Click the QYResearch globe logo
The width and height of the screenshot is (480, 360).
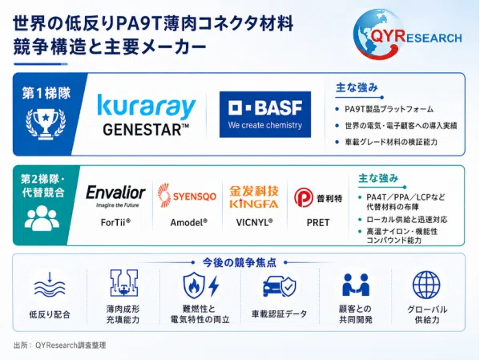coord(407,34)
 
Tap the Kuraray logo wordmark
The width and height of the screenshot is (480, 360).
coord(147,107)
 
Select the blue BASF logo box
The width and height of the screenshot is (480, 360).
coord(265,115)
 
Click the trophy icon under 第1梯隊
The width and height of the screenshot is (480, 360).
coord(46,123)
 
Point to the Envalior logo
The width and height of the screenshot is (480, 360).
coord(115,196)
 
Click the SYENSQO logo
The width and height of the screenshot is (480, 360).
coord(187,196)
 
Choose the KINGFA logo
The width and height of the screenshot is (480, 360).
coord(254,197)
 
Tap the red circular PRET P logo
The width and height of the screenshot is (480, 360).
coord(304,197)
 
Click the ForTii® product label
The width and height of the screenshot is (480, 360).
coord(115,222)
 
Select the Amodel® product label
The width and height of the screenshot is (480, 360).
coord(189,222)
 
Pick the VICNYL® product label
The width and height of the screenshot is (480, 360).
coord(254,222)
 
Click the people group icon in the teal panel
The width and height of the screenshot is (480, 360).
coord(42,218)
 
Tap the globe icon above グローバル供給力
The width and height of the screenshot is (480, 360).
coord(426,285)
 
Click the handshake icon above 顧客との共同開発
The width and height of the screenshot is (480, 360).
coord(356,285)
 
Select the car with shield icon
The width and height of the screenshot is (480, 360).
coord(280,286)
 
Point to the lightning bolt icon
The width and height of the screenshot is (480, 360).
coord(214,286)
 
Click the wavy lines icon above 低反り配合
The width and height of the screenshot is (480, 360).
coord(50,285)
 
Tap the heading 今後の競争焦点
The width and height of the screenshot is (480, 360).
coord(240,262)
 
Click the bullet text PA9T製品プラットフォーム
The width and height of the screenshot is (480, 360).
coord(389,109)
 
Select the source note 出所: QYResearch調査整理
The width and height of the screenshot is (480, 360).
coord(59,346)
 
